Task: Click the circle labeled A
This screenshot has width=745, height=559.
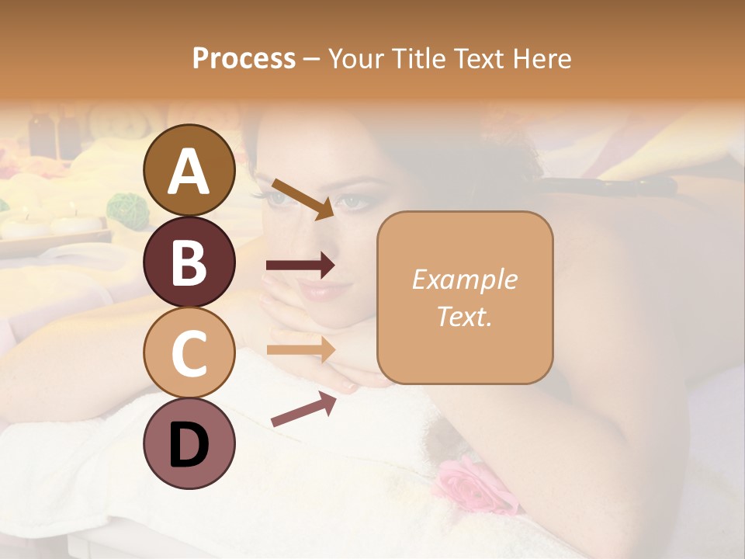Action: (x=189, y=171)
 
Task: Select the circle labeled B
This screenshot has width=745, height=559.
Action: (x=189, y=262)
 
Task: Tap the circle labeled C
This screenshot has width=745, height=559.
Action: (x=189, y=353)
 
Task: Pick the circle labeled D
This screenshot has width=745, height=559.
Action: (x=189, y=444)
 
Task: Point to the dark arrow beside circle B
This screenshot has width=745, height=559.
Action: (x=300, y=266)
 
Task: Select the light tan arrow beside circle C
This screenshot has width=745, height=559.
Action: (x=300, y=349)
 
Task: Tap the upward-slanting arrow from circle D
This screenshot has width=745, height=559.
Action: (x=303, y=409)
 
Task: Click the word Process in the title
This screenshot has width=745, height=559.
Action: (x=244, y=58)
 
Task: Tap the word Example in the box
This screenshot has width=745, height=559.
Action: (x=464, y=279)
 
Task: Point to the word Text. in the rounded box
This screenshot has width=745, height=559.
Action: (x=464, y=316)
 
